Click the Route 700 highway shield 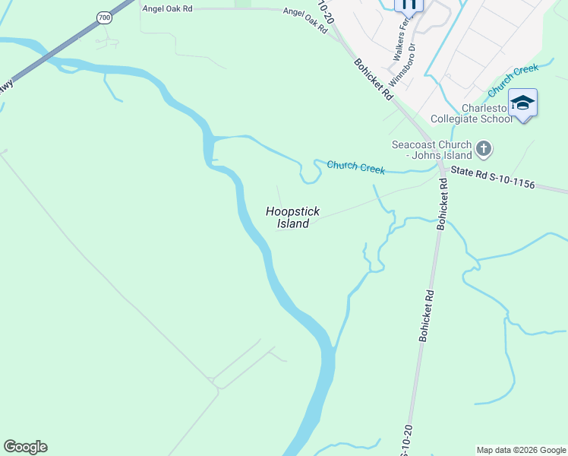click(x=104, y=16)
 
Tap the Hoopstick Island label click(x=292, y=217)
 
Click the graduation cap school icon click(x=522, y=103)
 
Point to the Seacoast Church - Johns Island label click(x=431, y=150)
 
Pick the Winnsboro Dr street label click(x=403, y=64)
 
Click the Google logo click(x=25, y=447)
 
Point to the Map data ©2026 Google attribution click(x=522, y=450)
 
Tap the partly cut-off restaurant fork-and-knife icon click(x=409, y=5)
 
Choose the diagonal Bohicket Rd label click(x=373, y=78)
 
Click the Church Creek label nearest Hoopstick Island click(x=355, y=166)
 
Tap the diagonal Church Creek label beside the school click(x=513, y=81)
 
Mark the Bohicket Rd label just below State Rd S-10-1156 click(x=443, y=204)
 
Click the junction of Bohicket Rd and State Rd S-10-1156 click(x=440, y=169)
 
